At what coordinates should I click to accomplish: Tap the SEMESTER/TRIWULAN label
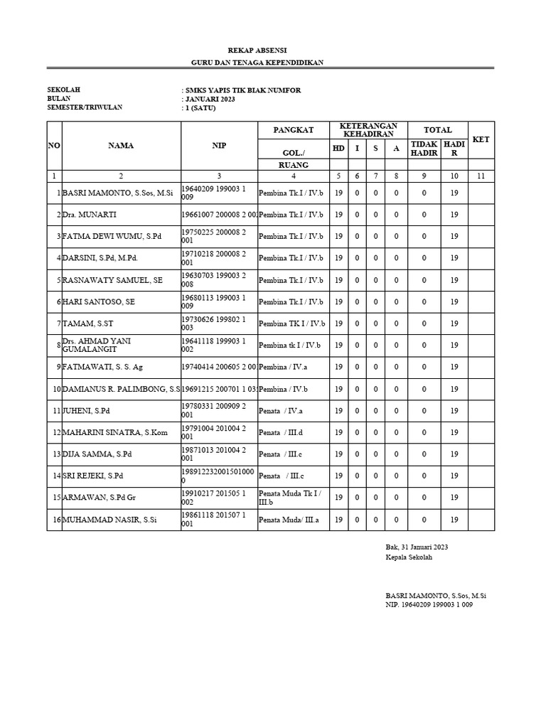click(85, 107)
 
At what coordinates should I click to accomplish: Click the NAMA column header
click(121, 146)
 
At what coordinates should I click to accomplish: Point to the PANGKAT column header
click(294, 130)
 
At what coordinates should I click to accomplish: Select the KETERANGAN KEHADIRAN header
click(369, 130)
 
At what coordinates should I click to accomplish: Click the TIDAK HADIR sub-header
click(424, 149)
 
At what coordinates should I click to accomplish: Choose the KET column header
click(481, 139)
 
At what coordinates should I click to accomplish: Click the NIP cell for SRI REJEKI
click(218, 476)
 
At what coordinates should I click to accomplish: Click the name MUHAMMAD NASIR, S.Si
click(109, 520)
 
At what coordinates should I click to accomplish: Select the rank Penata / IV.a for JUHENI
click(282, 411)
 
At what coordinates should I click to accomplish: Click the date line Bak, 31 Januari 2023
click(417, 547)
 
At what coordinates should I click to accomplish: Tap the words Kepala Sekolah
click(409, 557)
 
